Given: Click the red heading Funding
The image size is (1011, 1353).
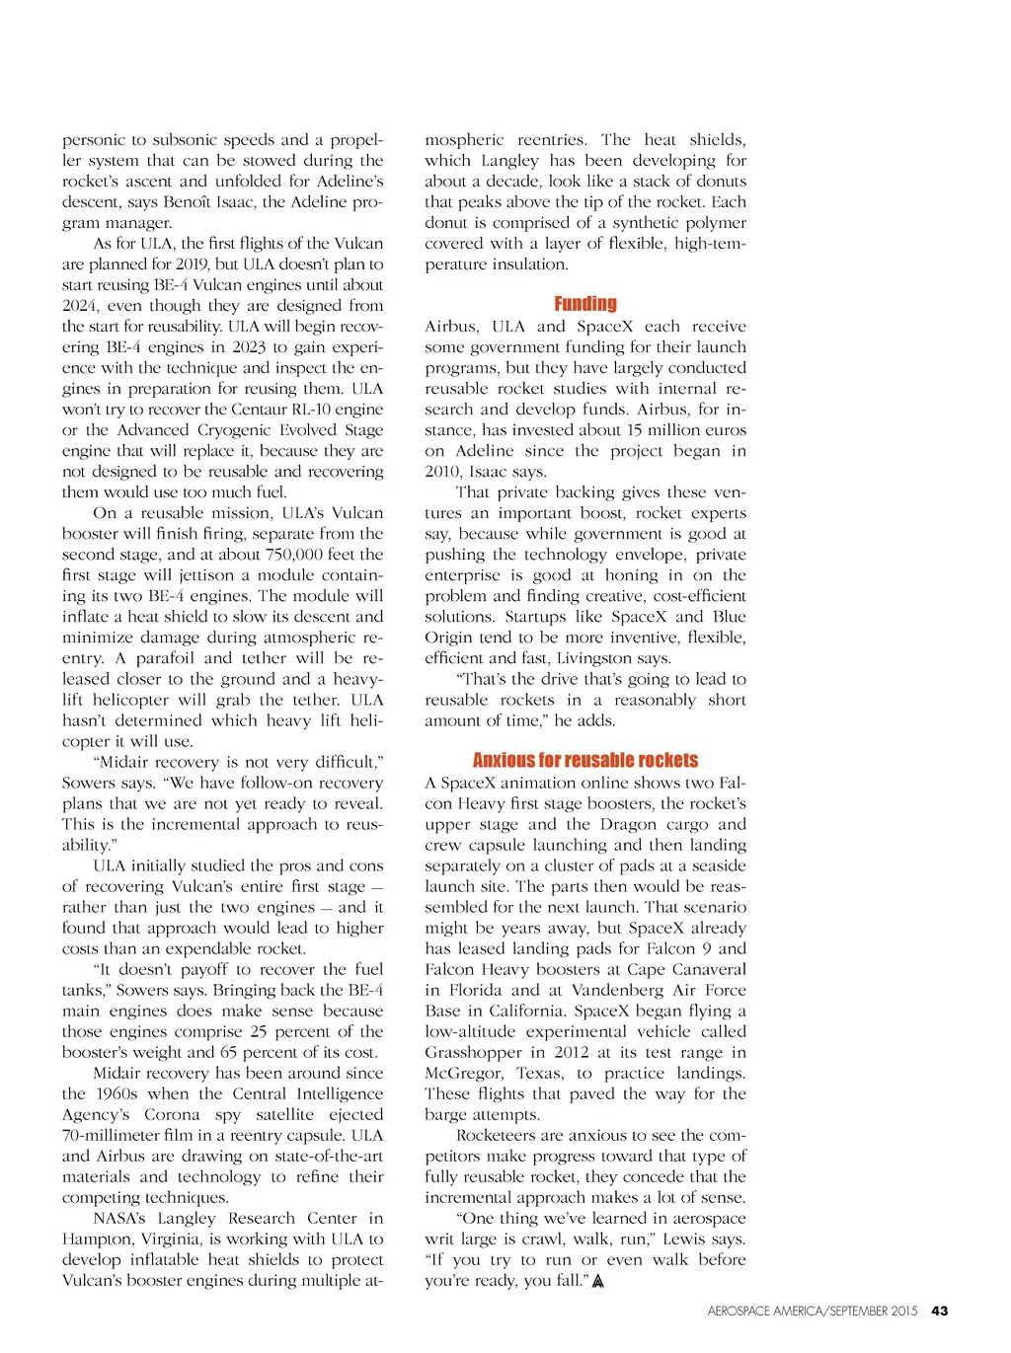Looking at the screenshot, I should [x=585, y=304].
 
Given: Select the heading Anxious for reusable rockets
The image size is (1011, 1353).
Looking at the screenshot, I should [x=584, y=760].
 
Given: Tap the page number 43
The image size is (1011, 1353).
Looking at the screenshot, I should [x=940, y=1311].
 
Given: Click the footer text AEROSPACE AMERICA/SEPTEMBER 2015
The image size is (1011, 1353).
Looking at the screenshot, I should [x=812, y=1311].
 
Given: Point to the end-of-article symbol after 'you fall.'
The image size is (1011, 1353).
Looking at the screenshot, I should [x=596, y=1281].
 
